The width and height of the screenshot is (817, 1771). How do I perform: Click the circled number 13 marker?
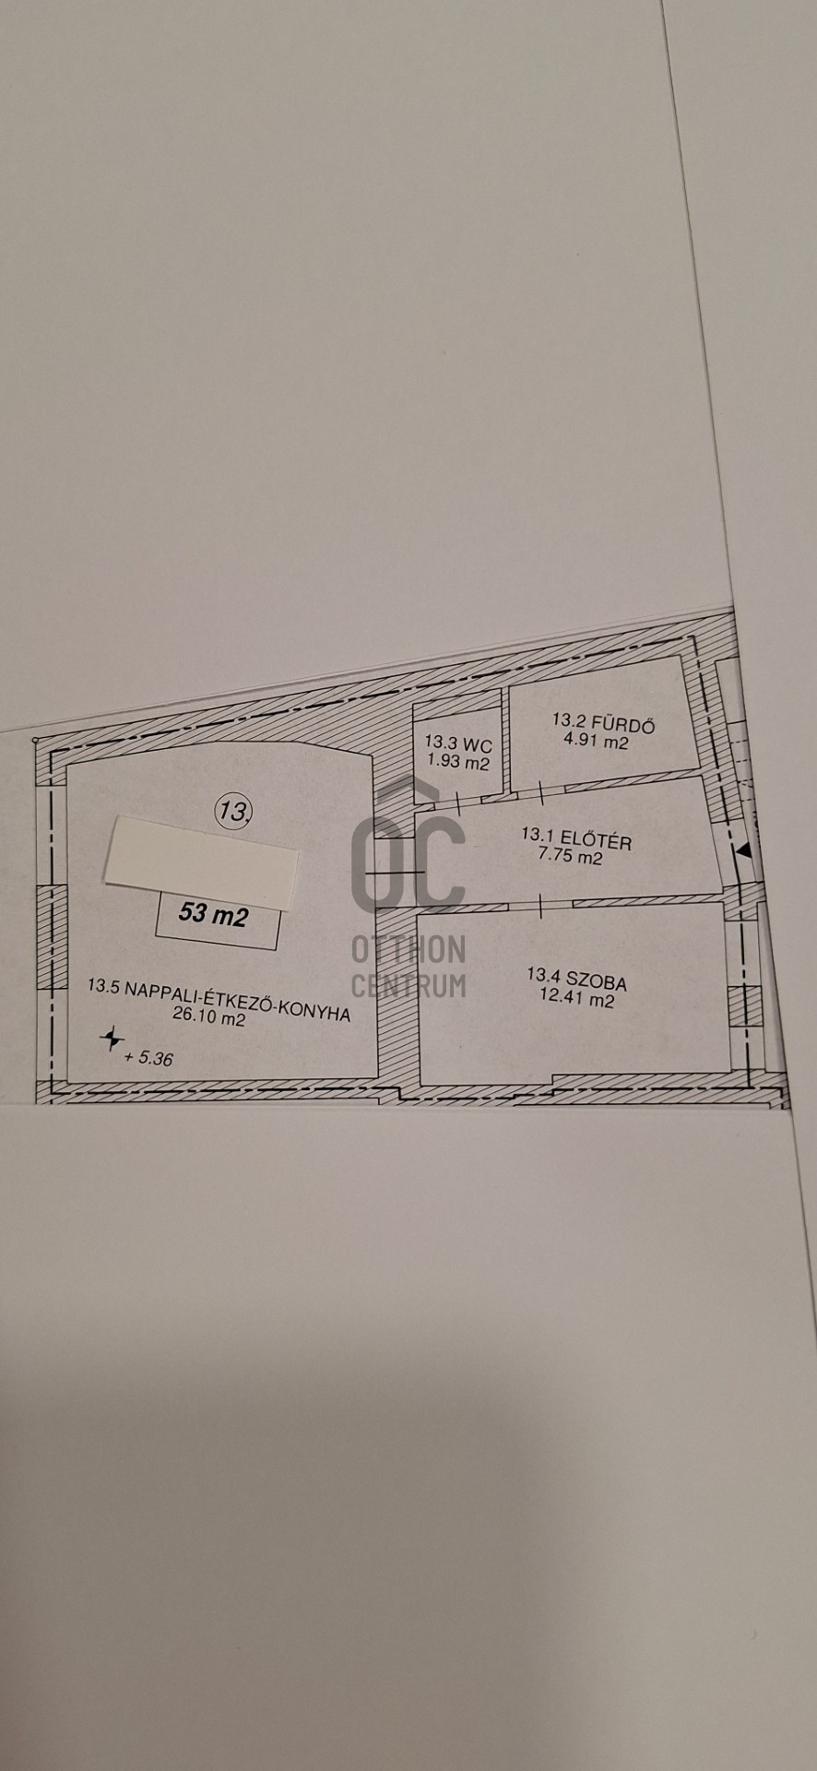tap(234, 811)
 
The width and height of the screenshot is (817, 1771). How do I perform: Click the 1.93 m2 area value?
tap(458, 763)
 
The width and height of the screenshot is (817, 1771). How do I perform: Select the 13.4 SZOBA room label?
tap(577, 979)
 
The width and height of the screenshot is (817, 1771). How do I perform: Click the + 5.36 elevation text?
tap(148, 1058)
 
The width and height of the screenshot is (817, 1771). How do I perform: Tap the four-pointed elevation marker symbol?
tap(112, 1040)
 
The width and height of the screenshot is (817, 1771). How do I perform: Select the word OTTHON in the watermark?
tap(408, 949)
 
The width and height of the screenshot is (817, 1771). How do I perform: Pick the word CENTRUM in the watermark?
tap(408, 985)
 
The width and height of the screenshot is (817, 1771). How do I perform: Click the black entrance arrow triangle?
tap(744, 854)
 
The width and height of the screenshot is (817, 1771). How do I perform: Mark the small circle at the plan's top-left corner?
tap(34, 741)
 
